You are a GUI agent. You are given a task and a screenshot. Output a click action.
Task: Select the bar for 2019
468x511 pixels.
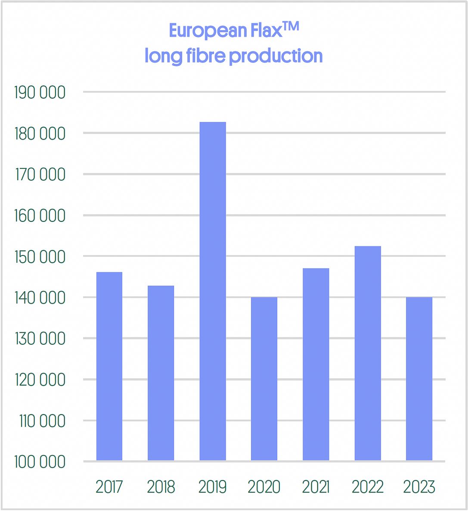tap(213, 291)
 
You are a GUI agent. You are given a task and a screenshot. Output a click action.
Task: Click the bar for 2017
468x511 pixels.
tap(109, 366)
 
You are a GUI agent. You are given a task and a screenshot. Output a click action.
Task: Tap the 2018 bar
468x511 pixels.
tap(161, 373)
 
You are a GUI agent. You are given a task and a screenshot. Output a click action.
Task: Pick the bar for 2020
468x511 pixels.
tap(264, 379)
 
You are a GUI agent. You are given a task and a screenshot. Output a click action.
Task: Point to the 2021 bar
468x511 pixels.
tap(316, 365)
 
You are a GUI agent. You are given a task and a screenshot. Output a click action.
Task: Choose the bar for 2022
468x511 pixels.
tap(368, 353)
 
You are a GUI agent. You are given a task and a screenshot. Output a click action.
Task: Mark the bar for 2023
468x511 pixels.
tap(419, 379)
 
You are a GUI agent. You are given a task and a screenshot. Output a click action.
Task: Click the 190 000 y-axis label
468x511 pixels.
tap(40, 93)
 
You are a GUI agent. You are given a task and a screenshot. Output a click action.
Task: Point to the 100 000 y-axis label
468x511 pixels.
tap(40, 462)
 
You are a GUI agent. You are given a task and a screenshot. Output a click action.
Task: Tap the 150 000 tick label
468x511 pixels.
tap(40, 257)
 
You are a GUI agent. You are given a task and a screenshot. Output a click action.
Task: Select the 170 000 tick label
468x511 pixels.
tap(40, 175)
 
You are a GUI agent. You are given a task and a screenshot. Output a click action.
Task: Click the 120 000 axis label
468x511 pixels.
tap(40, 380)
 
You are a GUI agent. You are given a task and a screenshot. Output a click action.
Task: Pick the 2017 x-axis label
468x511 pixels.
tap(109, 487)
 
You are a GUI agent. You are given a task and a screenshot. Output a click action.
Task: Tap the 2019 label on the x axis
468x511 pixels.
tap(213, 487)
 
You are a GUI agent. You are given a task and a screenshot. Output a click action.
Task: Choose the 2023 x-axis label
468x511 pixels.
tap(419, 487)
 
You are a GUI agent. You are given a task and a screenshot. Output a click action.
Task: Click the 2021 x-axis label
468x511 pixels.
tap(316, 487)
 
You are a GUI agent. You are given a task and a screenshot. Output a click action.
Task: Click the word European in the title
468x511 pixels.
tap(208, 31)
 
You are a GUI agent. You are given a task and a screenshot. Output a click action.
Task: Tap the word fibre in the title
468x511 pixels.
tap(205, 56)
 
